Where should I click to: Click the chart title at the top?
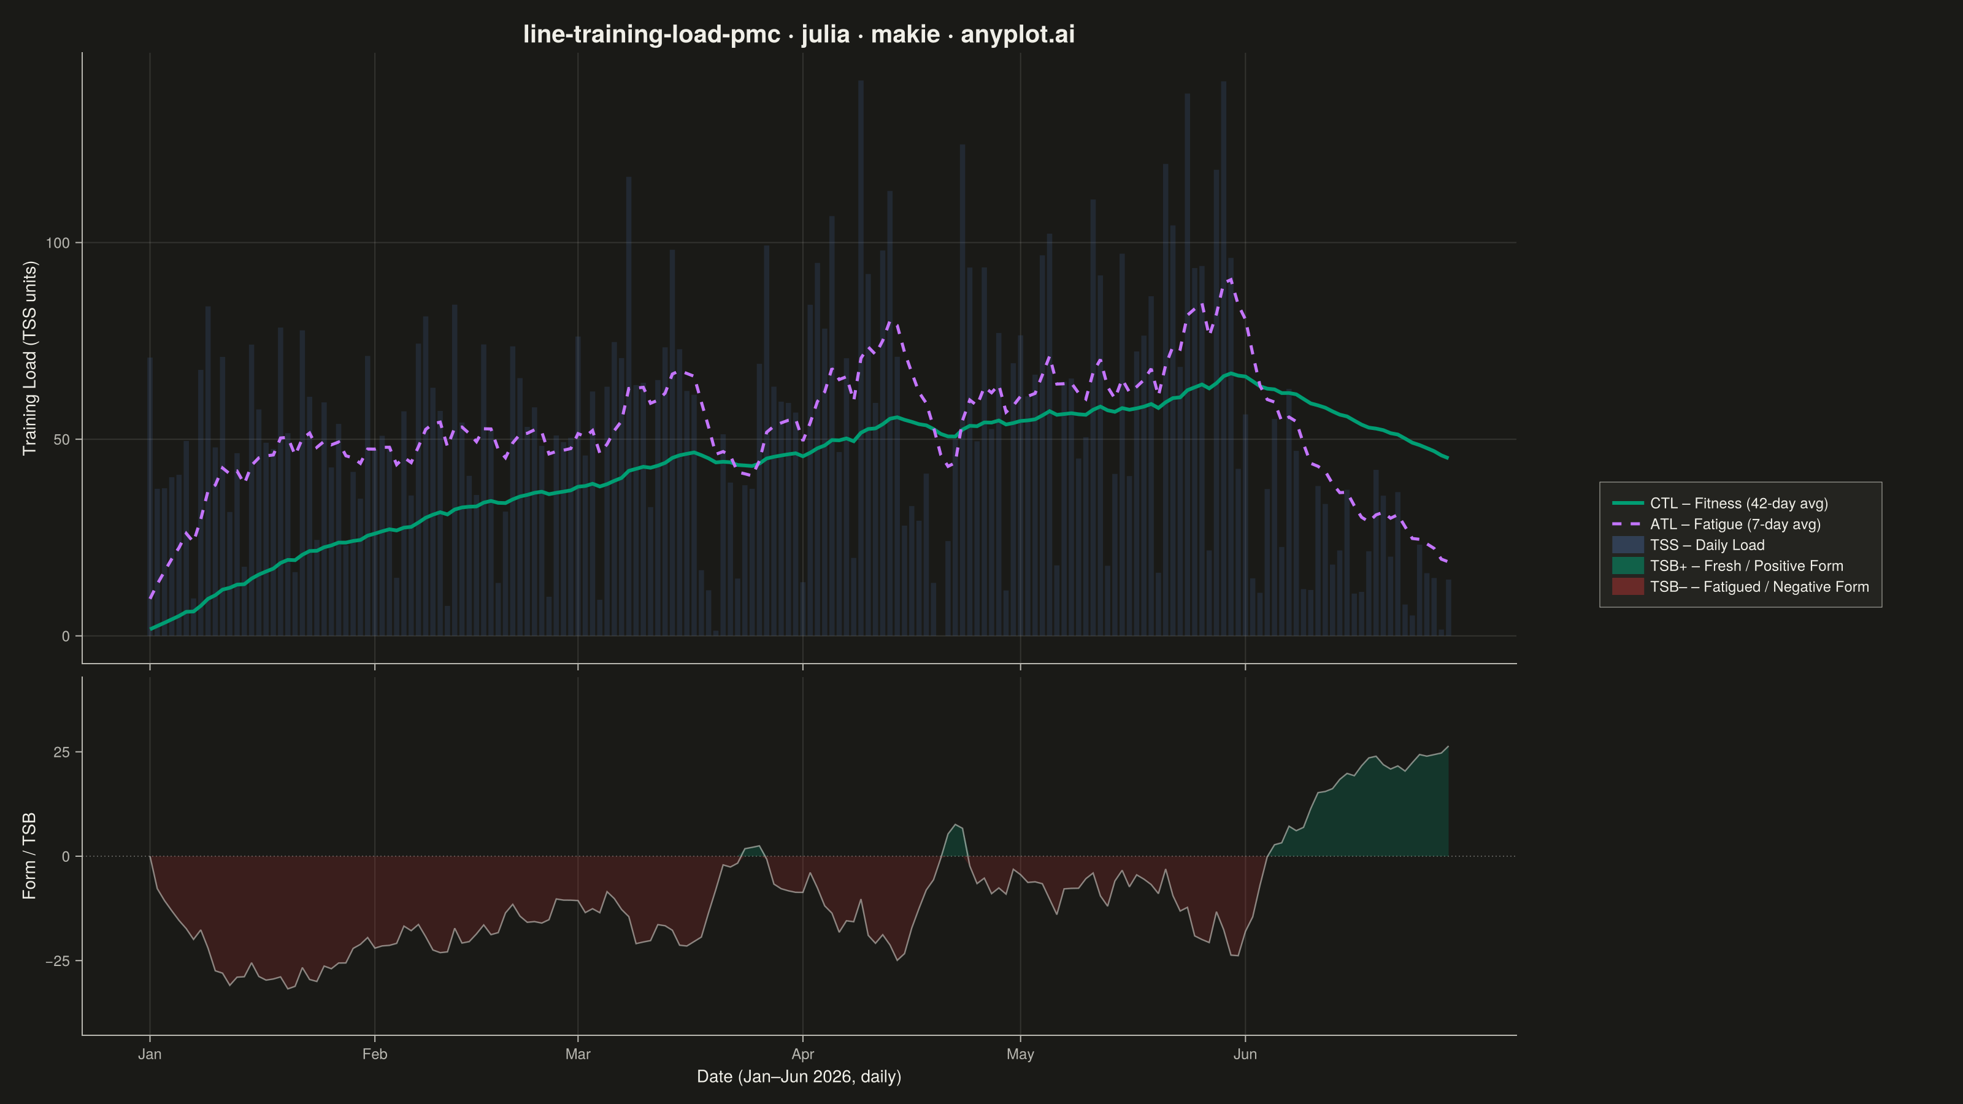pyautogui.click(x=799, y=34)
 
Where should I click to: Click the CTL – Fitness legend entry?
pyautogui.click(x=1720, y=503)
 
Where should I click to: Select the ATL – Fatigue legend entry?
pyautogui.click(x=1716, y=524)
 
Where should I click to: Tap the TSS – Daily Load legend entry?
pyautogui.click(x=1688, y=545)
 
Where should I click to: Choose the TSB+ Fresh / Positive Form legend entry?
pyautogui.click(x=1727, y=565)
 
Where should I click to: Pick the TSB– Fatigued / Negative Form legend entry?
pyautogui.click(x=1740, y=587)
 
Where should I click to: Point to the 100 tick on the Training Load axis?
pyautogui.click(x=57, y=243)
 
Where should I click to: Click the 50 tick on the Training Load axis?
pyautogui.click(x=62, y=440)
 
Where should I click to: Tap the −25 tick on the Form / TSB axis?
pyautogui.click(x=57, y=962)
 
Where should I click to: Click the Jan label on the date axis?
pyautogui.click(x=149, y=1054)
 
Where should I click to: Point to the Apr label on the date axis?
pyautogui.click(x=802, y=1054)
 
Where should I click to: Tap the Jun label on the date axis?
pyautogui.click(x=1245, y=1054)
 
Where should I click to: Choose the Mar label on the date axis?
pyautogui.click(x=578, y=1054)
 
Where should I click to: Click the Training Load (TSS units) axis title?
pyautogui.click(x=29, y=358)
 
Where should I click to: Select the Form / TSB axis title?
pyautogui.click(x=29, y=856)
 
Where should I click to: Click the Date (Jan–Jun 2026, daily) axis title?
pyautogui.click(x=799, y=1076)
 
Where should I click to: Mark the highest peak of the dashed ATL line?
pyautogui.click(x=1231, y=279)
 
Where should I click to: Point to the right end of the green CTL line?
pyautogui.click(x=1448, y=458)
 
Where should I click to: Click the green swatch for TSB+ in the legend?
pyautogui.click(x=1627, y=565)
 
